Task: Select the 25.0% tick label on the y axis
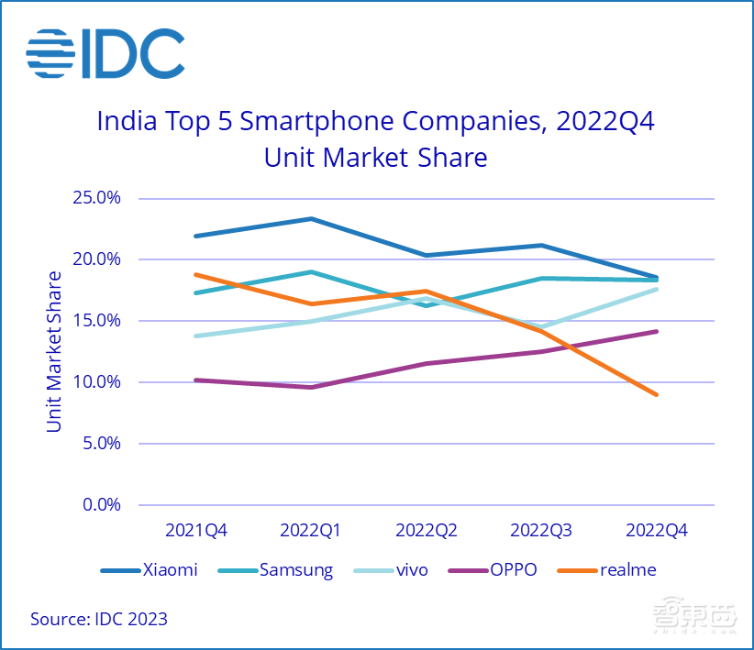97,198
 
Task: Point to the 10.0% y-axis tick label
97,382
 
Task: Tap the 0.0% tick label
101,505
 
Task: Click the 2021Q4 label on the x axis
196,530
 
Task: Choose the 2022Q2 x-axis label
427,530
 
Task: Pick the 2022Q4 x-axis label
656,530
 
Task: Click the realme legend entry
627,570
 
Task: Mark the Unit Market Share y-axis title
55,351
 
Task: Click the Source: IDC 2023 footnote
99,619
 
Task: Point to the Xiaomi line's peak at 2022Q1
311,218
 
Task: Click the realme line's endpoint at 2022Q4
657,394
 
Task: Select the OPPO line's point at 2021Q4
196,380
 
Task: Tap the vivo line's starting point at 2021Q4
196,336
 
